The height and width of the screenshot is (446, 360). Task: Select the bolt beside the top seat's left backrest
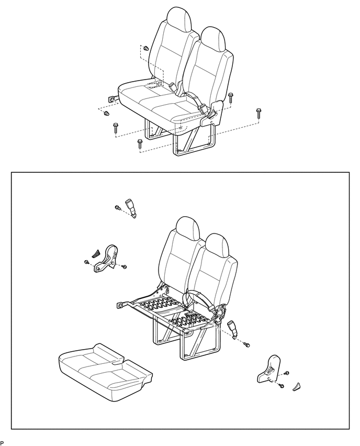[146, 49]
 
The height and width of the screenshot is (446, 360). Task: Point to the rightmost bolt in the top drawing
[258, 113]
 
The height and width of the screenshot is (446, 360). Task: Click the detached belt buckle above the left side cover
[131, 207]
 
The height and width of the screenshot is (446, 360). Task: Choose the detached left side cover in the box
[106, 259]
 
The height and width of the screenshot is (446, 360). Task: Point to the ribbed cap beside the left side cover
[95, 253]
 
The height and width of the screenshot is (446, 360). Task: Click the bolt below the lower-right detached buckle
[248, 344]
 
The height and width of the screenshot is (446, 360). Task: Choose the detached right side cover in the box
[269, 368]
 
